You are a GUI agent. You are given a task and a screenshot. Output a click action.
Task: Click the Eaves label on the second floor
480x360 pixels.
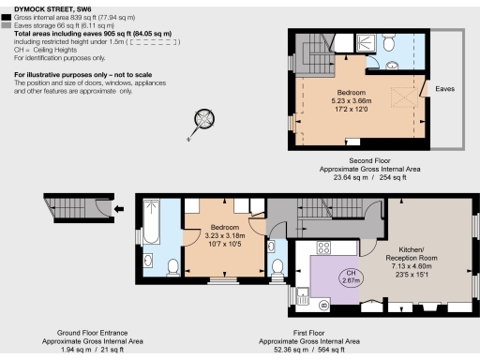pyautogui.click(x=445, y=89)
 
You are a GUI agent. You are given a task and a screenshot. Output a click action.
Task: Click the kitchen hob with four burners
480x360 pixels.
pyautogui.click(x=324, y=247)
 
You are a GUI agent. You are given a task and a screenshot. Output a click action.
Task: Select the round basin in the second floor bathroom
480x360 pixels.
pyautogui.click(x=372, y=66)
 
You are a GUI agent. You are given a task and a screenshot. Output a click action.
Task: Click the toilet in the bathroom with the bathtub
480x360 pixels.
pyautogui.click(x=172, y=268)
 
